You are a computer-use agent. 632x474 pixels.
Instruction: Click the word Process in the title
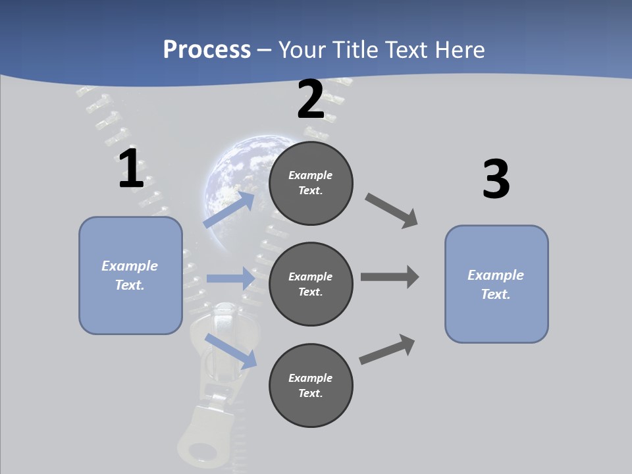point(207,50)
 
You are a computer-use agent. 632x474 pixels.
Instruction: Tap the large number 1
point(131,169)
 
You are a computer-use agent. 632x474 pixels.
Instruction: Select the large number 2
point(311,99)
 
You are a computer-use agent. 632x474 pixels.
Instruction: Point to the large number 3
point(496,180)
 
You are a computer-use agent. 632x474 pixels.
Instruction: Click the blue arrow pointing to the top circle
point(229,209)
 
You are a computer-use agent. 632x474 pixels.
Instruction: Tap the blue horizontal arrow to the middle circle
point(230,278)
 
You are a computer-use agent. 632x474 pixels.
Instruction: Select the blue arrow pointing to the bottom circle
point(230,350)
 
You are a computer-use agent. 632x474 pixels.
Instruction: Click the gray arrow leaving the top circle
point(392,211)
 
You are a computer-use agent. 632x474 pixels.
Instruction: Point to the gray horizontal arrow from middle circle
point(390,277)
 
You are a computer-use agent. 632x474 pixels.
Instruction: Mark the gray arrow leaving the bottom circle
point(387,350)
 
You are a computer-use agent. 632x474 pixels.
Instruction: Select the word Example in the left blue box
point(130,266)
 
